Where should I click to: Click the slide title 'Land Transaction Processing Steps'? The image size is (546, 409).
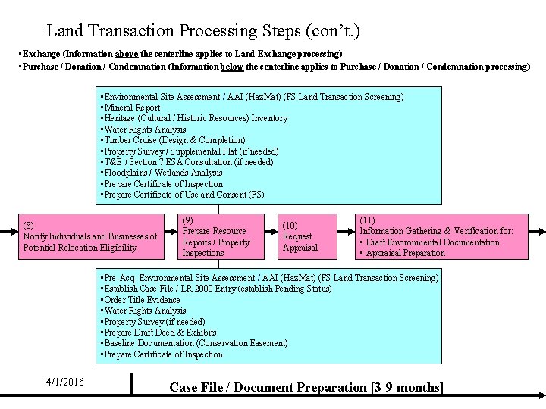[x=203, y=31]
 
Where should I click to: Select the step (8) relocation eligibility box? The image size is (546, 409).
[x=90, y=236]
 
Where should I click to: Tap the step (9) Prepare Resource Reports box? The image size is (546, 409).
[x=216, y=236]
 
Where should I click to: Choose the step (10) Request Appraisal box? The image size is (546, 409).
[x=300, y=236]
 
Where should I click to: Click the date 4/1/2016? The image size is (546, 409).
[x=64, y=382]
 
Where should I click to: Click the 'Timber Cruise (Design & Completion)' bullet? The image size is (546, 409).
[x=174, y=140]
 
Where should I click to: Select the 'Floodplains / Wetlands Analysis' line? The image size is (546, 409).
[x=162, y=173]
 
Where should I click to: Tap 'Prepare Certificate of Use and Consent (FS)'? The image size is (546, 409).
[x=183, y=195]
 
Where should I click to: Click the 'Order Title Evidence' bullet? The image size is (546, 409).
[x=141, y=300]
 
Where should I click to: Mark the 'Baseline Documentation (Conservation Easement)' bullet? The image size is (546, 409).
[x=195, y=343]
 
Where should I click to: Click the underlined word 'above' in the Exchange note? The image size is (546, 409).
[x=126, y=55]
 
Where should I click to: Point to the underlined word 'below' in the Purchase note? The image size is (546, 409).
[x=232, y=67]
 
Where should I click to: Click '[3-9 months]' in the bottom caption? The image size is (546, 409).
[x=407, y=387]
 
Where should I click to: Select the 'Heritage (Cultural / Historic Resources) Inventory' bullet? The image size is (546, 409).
[x=195, y=118]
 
